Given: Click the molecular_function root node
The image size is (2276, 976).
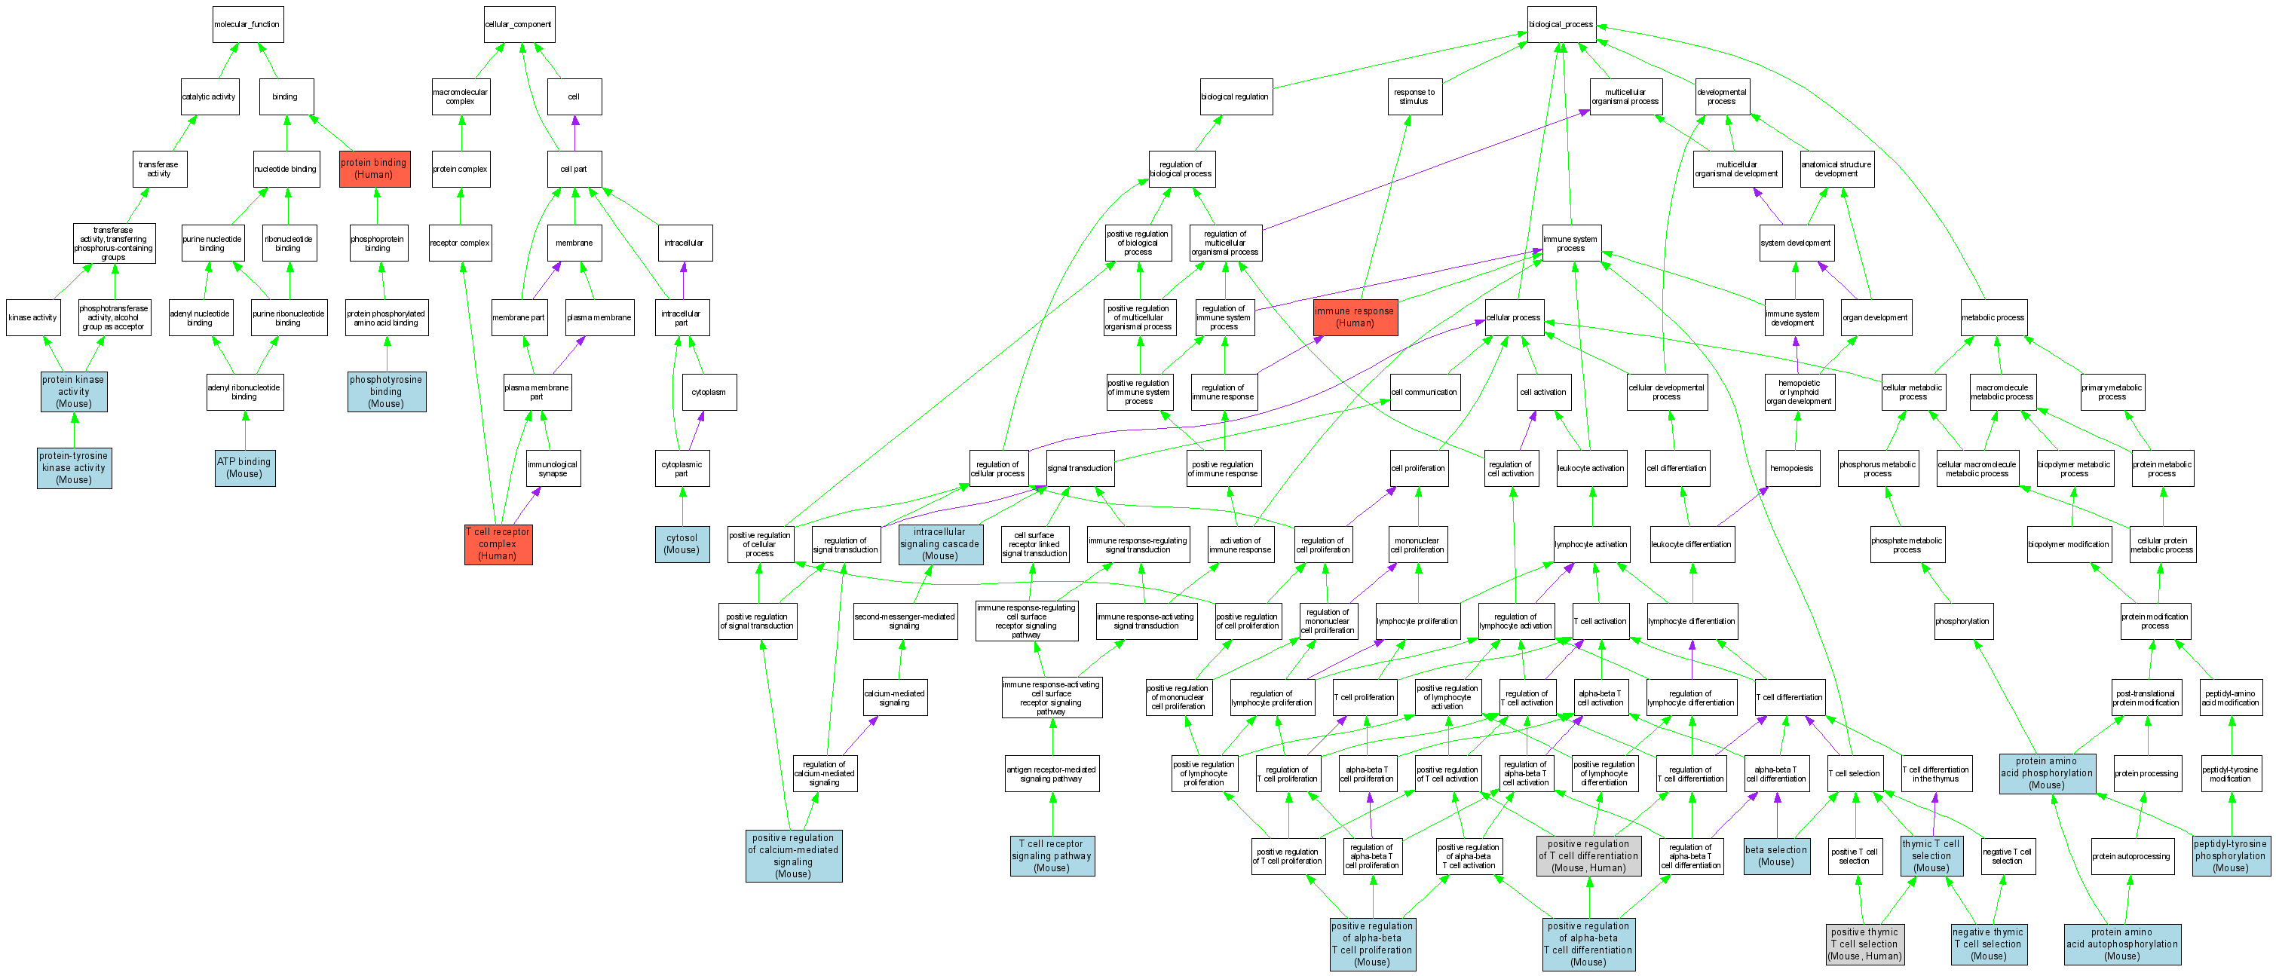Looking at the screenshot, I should coord(247,25).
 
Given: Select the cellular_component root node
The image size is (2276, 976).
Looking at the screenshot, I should coord(519,25).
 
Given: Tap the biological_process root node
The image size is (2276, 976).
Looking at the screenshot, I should coord(1561,25).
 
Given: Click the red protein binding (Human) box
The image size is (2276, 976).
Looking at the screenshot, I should coord(375,169).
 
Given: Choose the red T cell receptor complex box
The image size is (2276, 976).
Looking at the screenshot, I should coord(498,544).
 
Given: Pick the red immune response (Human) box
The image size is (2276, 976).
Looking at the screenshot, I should coord(1355,317).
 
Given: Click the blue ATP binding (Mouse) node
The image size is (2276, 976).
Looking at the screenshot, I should coord(245,467).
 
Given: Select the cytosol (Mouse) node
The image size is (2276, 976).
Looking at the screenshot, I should coord(682,544).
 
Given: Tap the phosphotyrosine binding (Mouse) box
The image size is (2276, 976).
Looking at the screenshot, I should coord(386,391).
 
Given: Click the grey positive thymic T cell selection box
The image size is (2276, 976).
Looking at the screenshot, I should coord(1864,944).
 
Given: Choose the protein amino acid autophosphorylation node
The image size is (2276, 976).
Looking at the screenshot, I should coord(2121,944).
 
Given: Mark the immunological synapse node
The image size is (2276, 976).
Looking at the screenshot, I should coord(553,468).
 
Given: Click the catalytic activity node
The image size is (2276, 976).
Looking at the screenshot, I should coord(210,97).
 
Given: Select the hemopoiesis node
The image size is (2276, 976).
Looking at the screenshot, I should coord(1791,468).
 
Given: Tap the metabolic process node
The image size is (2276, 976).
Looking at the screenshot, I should coord(1993,317).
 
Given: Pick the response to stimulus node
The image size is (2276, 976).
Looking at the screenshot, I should coord(1414,96).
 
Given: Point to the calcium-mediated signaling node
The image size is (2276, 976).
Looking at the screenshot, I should coord(894,698).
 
